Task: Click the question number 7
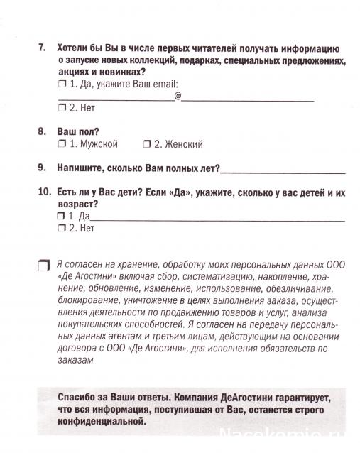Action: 42,48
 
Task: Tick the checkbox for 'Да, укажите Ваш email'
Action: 61,84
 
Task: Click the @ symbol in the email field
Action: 178,94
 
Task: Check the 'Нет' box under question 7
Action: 61,108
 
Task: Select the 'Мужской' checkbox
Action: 61,144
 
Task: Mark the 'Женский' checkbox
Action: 146,144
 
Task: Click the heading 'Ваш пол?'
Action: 77,132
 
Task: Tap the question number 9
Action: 42,168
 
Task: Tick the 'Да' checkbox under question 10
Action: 61,216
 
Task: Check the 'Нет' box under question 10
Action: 61,228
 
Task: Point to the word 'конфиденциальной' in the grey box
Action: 92,420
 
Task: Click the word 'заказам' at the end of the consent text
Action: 75,361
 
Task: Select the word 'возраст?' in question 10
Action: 77,204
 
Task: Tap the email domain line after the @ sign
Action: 249,99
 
